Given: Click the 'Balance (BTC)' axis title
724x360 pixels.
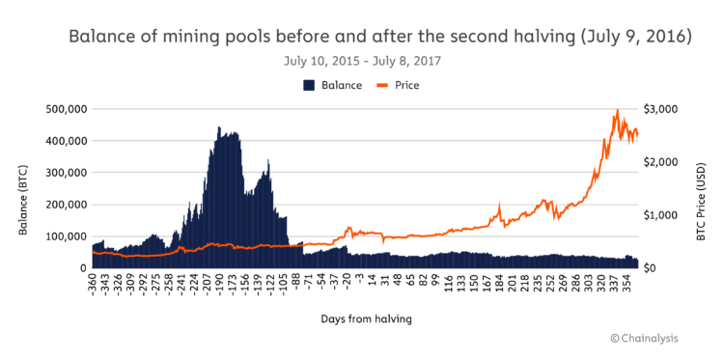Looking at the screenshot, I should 22,188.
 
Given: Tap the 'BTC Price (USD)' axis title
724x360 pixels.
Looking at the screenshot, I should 701,188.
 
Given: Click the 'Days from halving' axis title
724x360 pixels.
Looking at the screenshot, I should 362,318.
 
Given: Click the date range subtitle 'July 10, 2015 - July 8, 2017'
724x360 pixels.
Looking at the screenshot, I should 362,61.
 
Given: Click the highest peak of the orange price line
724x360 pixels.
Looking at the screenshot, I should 617,111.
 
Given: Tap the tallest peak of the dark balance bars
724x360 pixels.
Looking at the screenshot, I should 218,127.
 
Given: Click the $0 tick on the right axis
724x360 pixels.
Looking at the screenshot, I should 654,268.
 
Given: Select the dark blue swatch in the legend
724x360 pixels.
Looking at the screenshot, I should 310,85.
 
